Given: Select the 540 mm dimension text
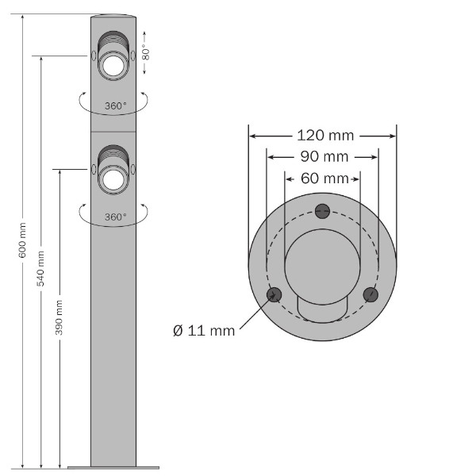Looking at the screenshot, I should (40, 267).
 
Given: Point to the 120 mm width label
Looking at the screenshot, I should (325, 136).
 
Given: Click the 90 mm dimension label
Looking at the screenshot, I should (323, 156).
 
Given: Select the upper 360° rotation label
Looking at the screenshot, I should (115, 105).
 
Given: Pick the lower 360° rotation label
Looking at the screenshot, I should (115, 216).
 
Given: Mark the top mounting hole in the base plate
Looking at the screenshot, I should (322, 210).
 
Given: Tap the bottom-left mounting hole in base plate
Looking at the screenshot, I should (274, 295).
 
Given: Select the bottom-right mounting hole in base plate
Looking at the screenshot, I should (370, 294).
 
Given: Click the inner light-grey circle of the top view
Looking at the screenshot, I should (322, 261).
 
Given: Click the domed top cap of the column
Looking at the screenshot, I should (115, 17).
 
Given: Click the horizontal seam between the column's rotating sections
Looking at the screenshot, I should (115, 132).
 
